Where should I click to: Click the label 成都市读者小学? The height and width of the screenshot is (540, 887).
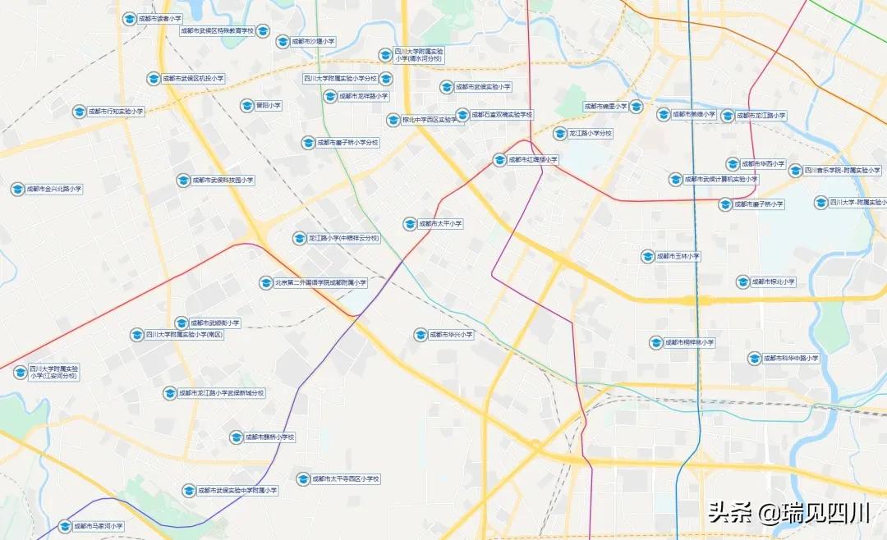(x=159, y=18)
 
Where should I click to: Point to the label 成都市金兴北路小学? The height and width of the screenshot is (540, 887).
(x=53, y=189)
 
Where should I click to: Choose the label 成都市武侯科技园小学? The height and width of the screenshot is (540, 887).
(x=223, y=180)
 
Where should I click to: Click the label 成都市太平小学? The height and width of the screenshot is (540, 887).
(x=440, y=223)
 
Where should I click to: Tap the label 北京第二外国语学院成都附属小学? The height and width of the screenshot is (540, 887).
(x=321, y=282)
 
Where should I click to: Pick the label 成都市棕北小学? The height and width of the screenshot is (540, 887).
(x=773, y=281)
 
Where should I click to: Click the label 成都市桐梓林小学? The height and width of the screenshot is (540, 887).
(x=690, y=342)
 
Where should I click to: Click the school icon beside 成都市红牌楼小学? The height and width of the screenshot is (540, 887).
(x=499, y=160)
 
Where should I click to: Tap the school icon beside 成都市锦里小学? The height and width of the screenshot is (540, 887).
(x=636, y=107)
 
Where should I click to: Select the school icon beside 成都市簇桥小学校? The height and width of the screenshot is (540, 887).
(x=236, y=437)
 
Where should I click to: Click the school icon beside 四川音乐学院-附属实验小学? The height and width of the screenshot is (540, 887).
(x=795, y=171)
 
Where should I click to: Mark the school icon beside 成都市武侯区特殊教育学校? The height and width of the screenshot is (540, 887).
(x=263, y=31)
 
